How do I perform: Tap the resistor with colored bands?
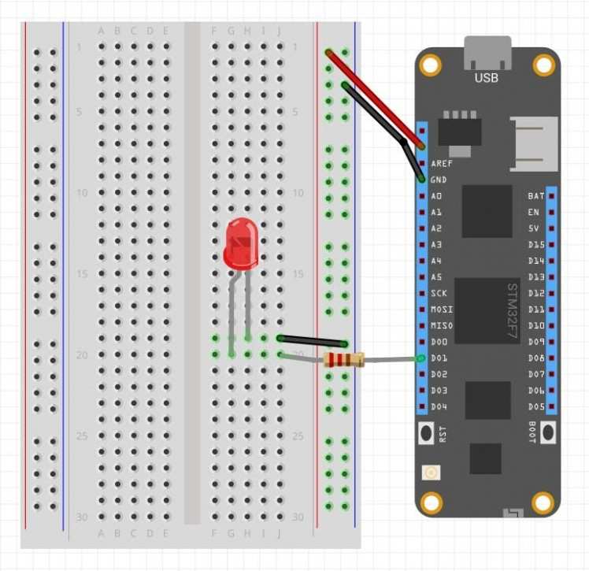click(344, 361)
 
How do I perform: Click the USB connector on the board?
click(487, 53)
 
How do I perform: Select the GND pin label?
click(439, 180)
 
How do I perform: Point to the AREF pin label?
click(441, 164)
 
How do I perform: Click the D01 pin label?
click(439, 358)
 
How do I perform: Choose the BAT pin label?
click(535, 195)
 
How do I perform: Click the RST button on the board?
click(426, 432)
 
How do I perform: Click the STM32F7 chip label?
click(512, 310)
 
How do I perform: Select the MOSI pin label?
click(441, 310)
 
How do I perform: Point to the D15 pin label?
click(535, 245)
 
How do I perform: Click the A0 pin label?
click(436, 196)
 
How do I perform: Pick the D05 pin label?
click(535, 406)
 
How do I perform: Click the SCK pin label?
click(439, 293)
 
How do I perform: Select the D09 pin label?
click(535, 342)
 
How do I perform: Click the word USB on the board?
click(486, 78)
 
